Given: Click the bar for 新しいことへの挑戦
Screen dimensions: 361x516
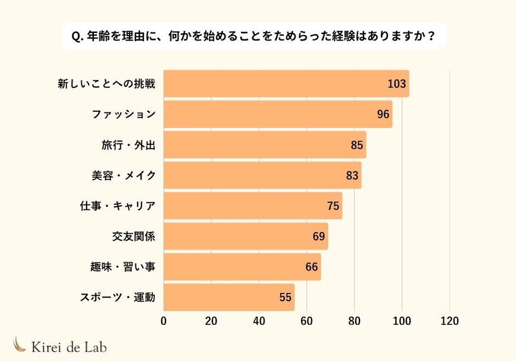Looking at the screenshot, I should click(274, 84).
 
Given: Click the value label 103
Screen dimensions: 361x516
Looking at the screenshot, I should click(396, 84).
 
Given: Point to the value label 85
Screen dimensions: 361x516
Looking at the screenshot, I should click(357, 145).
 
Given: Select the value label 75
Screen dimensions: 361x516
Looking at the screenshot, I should click(333, 206).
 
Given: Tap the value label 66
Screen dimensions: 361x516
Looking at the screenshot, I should click(312, 267).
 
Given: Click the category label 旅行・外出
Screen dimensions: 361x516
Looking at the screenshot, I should click(128, 145).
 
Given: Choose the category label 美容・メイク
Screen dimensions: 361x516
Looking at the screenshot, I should click(124, 176).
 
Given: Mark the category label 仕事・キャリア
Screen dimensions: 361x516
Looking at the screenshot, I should click(118, 206).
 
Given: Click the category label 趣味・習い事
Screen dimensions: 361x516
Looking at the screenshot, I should click(123, 267).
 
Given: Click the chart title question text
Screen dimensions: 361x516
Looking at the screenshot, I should click(254, 37).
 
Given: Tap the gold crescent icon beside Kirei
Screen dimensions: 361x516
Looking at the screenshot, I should click(20, 344).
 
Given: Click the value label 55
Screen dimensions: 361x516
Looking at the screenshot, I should click(285, 297).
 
